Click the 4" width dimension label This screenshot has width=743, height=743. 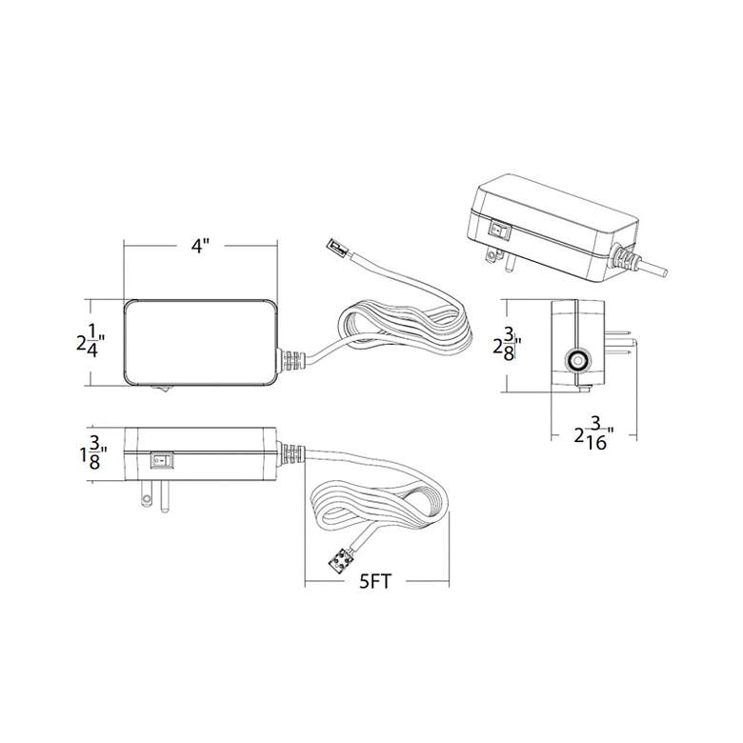[x=200, y=246]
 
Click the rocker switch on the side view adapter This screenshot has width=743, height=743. [x=163, y=460]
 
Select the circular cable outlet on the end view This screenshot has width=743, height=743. [x=577, y=361]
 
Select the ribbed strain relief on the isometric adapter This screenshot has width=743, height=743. [x=624, y=256]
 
